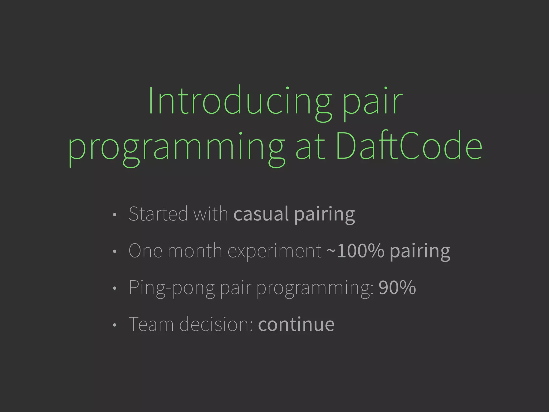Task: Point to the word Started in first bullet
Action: [x=158, y=214]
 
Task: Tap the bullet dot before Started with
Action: [x=114, y=215]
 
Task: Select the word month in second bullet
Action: [x=195, y=251]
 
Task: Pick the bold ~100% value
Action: [x=355, y=251]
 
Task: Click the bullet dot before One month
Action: [x=114, y=252]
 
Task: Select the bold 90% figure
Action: [x=397, y=288]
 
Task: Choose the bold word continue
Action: [x=296, y=324]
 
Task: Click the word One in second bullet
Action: [x=145, y=251]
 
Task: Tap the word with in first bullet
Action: [x=210, y=214]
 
